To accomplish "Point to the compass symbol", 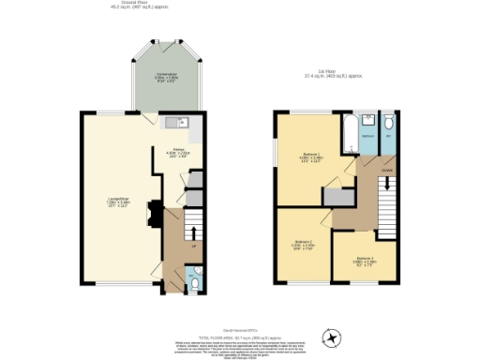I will [x=330, y=337].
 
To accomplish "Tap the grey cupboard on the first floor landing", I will [x=336, y=196].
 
